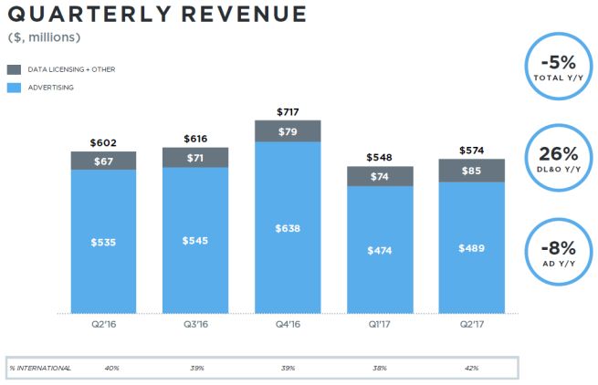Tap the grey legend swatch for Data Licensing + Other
point(15,69)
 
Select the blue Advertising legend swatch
point(15,88)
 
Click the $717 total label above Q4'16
point(288,111)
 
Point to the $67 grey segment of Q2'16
point(103,161)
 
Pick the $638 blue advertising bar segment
point(288,228)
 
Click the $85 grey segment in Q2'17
point(471,171)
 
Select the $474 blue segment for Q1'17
point(380,249)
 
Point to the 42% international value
point(472,367)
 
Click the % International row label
point(40,367)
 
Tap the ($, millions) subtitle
point(45,37)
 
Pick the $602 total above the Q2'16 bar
point(103,143)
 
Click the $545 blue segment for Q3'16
point(194,242)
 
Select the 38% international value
point(380,367)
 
